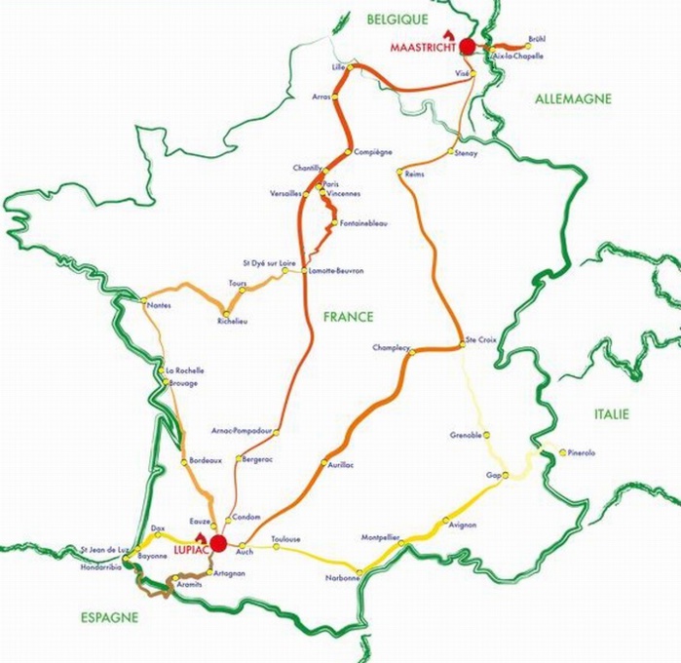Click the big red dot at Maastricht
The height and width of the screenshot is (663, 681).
click(468, 46)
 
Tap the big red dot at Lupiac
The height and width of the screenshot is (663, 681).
click(218, 543)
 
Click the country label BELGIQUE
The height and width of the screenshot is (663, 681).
click(397, 19)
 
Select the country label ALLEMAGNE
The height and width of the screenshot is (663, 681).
click(573, 98)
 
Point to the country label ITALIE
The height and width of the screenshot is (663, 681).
click(612, 414)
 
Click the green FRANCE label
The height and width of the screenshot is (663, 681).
click(349, 317)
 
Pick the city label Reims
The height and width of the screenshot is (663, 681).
click(413, 174)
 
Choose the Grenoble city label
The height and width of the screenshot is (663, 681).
click(466, 435)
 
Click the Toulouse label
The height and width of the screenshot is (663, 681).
click(286, 539)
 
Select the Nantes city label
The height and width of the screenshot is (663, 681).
click(159, 306)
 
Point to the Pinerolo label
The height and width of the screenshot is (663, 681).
click(581, 452)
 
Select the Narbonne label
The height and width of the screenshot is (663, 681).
click(344, 578)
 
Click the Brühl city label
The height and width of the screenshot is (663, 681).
click(537, 38)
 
